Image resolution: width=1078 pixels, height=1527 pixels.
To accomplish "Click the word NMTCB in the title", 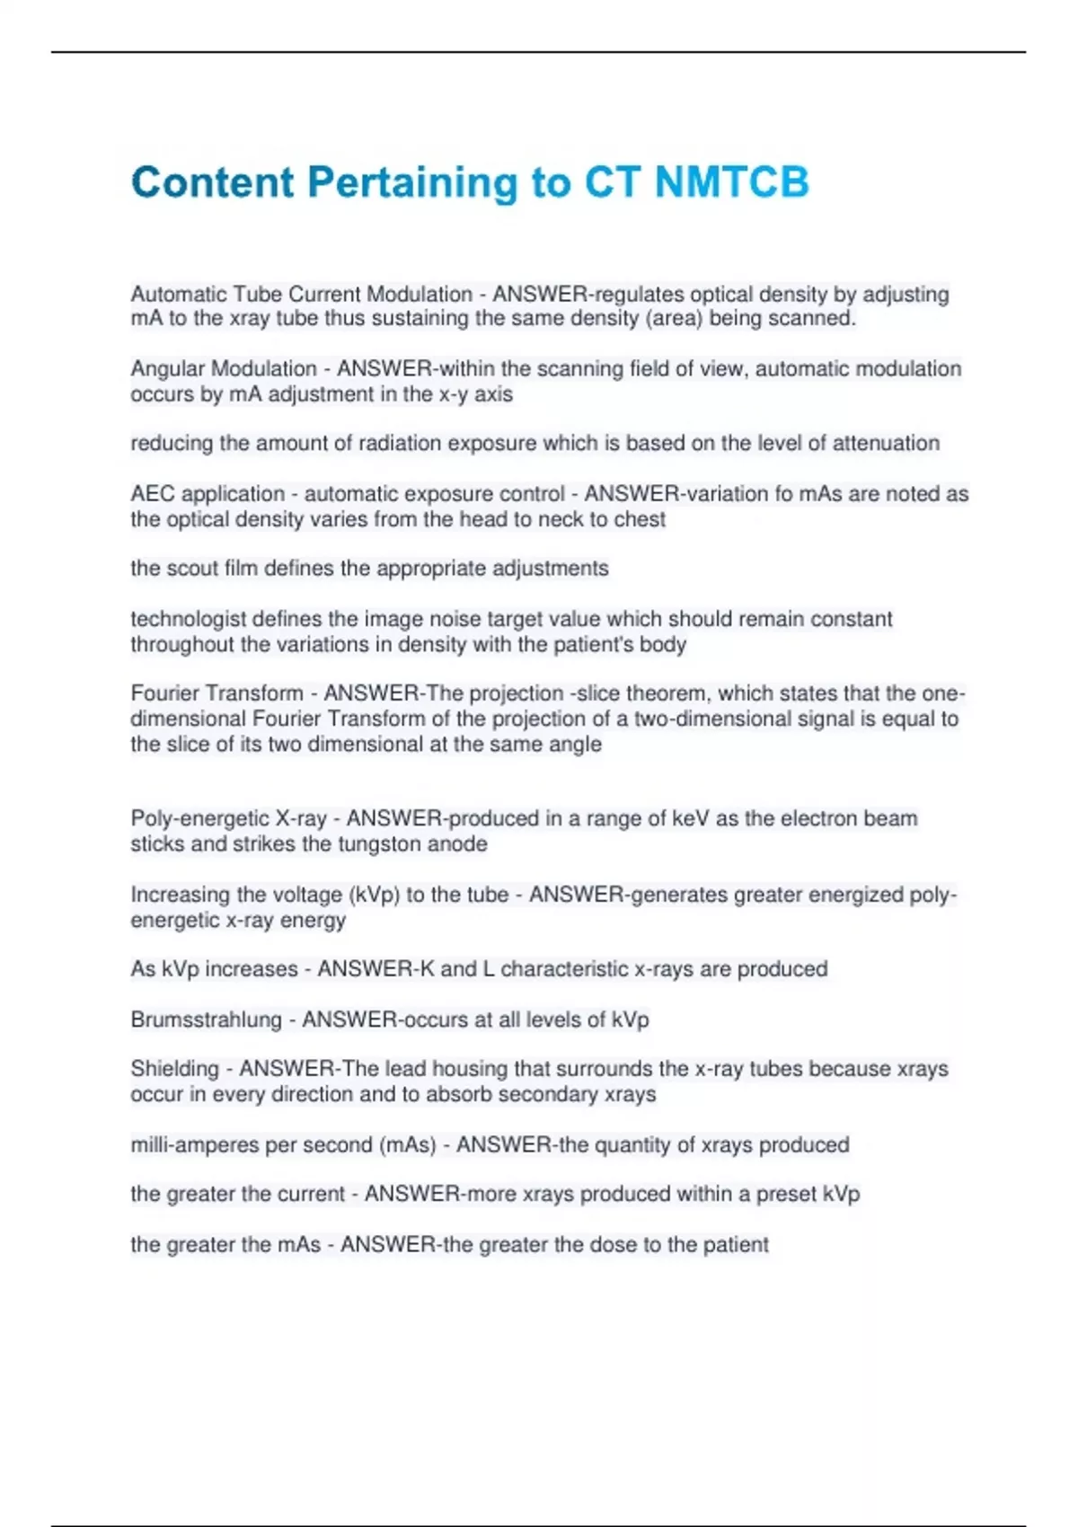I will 731,182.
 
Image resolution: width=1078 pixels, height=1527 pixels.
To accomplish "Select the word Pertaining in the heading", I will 412,182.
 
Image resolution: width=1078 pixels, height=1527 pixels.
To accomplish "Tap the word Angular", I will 166,369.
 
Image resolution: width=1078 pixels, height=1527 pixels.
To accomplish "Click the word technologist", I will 188,619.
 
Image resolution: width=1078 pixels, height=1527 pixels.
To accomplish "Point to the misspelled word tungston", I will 380,844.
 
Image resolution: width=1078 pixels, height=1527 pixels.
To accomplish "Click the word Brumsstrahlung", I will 206,1019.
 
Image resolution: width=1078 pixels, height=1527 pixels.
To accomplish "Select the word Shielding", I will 174,1069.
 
